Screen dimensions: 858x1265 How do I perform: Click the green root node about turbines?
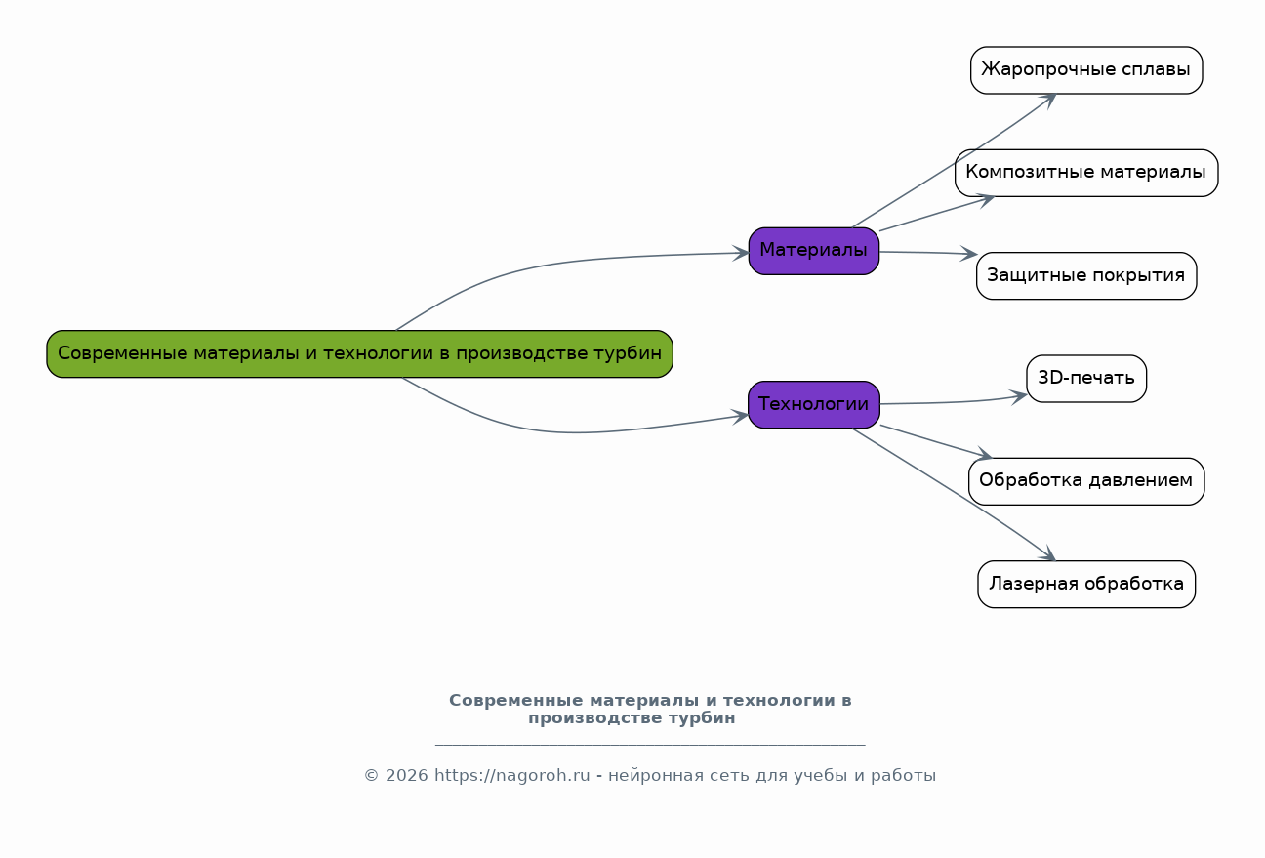pyautogui.click(x=359, y=353)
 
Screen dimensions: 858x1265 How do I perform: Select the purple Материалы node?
pyautogui.click(x=813, y=251)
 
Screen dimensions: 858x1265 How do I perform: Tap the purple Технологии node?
pyautogui.click(x=813, y=404)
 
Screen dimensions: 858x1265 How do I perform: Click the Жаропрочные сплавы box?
pyautogui.click(x=1085, y=70)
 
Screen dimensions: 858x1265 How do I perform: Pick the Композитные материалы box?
pyautogui.click(x=1085, y=173)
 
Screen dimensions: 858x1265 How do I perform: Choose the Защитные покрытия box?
pyautogui.click(x=1085, y=275)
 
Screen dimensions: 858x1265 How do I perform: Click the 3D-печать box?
pyautogui.click(x=1085, y=379)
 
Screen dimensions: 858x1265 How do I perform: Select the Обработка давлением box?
pyautogui.click(x=1085, y=481)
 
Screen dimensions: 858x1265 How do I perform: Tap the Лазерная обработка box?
pyautogui.click(x=1085, y=584)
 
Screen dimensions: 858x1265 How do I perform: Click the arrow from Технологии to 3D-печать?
pyautogui.click(x=957, y=401)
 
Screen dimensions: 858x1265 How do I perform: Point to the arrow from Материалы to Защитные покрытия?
pyautogui.click(x=927, y=253)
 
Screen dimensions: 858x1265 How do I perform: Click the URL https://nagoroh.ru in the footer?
pyautogui.click(x=512, y=776)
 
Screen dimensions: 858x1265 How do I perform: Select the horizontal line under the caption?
pyautogui.click(x=649, y=745)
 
